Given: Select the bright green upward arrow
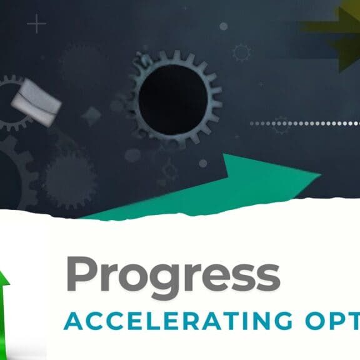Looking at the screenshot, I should pos(5,312).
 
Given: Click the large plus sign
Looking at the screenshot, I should pos(37,25).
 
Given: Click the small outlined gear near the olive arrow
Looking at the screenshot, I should pos(242,52).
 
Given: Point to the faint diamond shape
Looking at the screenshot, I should pos(92,116).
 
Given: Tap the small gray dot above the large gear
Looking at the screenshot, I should pos(223,26).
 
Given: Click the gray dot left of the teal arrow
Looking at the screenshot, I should pos(203,163).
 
